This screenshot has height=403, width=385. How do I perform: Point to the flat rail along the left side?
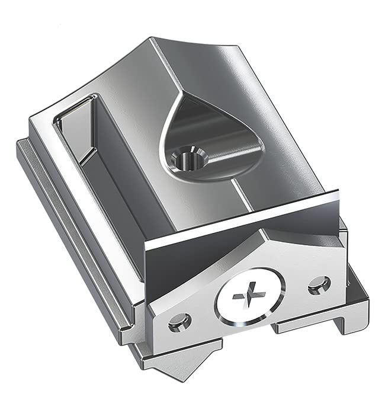pos(71,237)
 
